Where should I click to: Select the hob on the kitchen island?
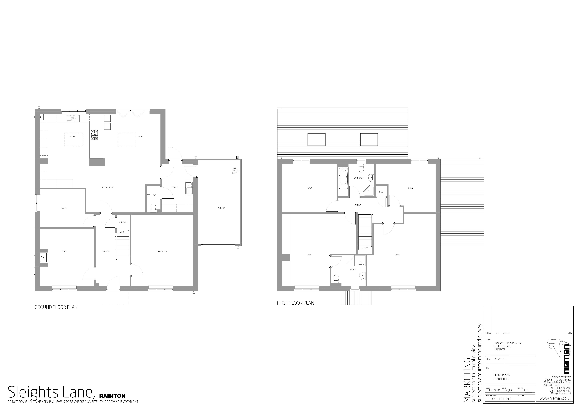tap(95, 135)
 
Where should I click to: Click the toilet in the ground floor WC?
tap(153, 208)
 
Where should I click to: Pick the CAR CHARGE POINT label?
tap(235, 171)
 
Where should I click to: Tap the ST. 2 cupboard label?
tap(381, 192)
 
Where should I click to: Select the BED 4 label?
tap(410, 188)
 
